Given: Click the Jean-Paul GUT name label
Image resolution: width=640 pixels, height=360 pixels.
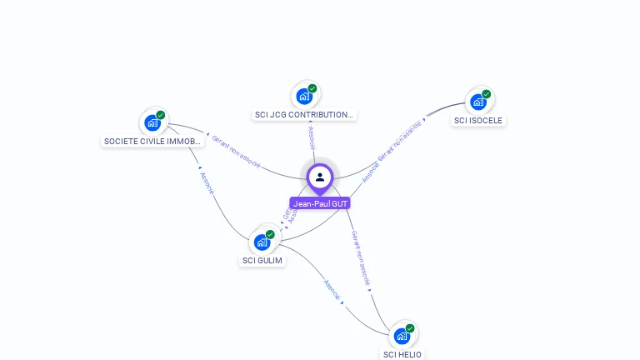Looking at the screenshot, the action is [x=320, y=203].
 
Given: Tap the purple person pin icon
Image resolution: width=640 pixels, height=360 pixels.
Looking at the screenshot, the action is [x=320, y=177].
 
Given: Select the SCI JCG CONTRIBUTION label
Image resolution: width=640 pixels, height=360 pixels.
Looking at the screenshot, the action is [x=304, y=115].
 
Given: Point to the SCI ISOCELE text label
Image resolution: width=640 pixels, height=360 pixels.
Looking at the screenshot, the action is [x=478, y=120].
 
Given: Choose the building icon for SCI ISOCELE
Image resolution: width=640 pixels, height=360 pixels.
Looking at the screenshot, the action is [x=477, y=102].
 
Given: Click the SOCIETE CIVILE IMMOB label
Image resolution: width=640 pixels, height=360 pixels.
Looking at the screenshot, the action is [x=152, y=142].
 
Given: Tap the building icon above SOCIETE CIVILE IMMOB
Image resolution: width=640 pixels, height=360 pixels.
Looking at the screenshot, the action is [x=152, y=123].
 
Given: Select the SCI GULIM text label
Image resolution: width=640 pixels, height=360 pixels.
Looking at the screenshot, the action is [x=262, y=260].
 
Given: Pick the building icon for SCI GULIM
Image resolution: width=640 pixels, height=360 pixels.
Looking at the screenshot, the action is [x=262, y=242].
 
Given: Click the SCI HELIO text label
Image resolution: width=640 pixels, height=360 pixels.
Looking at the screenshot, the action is [x=402, y=354].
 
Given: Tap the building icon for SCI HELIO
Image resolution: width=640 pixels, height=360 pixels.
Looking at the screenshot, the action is [x=402, y=336].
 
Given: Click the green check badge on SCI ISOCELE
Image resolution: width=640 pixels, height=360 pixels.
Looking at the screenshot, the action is [x=486, y=94].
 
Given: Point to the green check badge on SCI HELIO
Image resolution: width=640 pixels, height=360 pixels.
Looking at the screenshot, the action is [x=410, y=328].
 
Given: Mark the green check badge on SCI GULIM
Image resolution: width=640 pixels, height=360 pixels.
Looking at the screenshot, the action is [x=270, y=235].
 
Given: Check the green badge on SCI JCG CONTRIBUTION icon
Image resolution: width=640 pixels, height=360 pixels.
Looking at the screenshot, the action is [x=312, y=88].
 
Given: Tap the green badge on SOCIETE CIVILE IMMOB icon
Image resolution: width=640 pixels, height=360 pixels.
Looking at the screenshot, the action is [x=161, y=115].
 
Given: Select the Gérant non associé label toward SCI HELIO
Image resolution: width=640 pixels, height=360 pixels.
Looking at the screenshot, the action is [x=360, y=258].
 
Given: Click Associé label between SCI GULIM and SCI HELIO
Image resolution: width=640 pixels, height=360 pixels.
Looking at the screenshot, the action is [x=332, y=291].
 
